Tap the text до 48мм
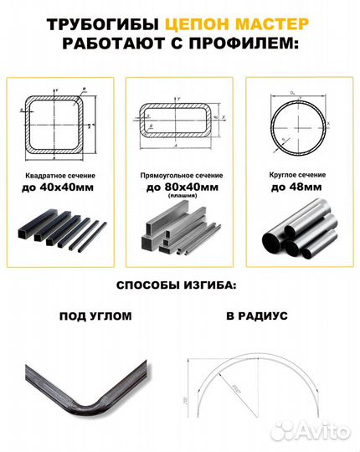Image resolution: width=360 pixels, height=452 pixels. (297, 189)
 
